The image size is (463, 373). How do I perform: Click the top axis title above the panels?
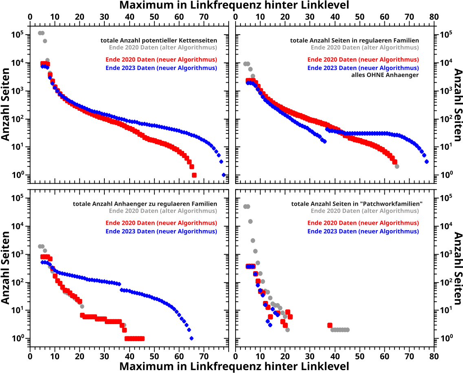(x=234, y=5)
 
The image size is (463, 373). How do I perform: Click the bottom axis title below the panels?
(x=234, y=366)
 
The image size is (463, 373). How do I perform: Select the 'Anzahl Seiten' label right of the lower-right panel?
(x=457, y=268)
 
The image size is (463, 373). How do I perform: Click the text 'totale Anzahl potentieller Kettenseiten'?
(x=159, y=41)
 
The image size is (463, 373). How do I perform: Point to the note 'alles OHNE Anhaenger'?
(x=385, y=75)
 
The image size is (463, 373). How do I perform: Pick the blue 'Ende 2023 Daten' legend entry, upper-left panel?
(x=161, y=68)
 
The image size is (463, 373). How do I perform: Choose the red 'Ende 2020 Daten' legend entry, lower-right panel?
(x=363, y=223)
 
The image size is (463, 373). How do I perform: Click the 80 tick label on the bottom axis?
(x=434, y=357)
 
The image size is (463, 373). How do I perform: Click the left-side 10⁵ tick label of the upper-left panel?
(x=17, y=35)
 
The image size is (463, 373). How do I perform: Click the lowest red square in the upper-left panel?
(x=194, y=175)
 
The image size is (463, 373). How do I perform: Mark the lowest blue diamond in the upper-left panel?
(x=224, y=175)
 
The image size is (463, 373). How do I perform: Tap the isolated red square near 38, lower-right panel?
(x=330, y=325)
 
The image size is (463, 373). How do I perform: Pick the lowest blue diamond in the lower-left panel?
(x=192, y=338)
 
